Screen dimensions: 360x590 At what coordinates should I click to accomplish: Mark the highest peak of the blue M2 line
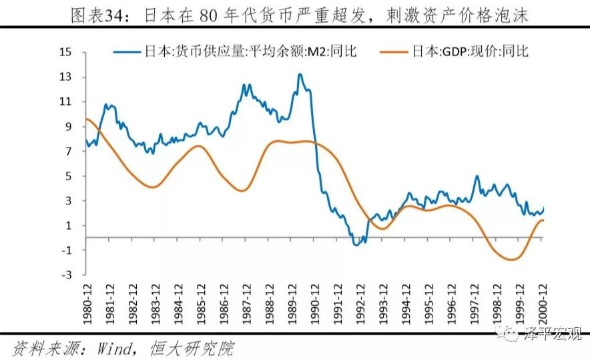pos(300,74)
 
